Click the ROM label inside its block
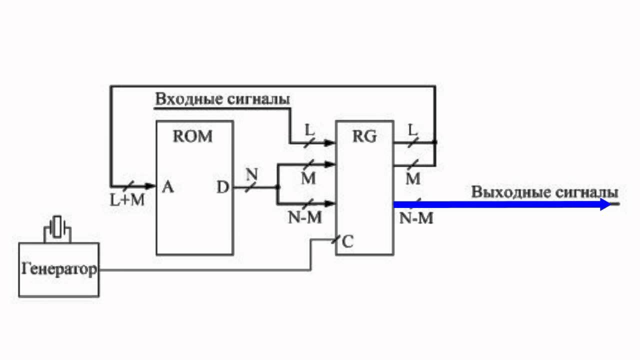click(192, 136)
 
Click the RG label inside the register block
click(364, 136)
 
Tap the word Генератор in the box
click(59, 270)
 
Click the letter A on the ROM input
click(168, 187)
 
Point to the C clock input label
click(348, 242)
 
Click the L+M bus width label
click(127, 200)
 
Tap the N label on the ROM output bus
click(251, 174)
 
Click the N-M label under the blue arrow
click(416, 218)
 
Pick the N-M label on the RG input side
click(305, 218)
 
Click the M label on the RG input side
click(308, 178)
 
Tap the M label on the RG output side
click(413, 179)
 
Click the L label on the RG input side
click(310, 129)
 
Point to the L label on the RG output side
click(412, 129)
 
